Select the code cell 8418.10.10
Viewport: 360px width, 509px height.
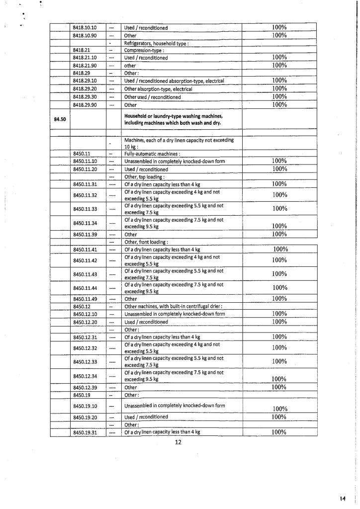pos(85,27)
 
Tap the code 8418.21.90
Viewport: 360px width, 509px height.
pos(85,65)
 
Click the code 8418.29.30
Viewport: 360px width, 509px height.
pos(85,97)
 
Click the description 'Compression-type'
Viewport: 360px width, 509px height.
pos(144,50)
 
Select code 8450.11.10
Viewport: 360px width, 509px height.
pos(85,161)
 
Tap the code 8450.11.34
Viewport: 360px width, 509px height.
pos(85,223)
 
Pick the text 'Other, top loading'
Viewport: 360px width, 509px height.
pos(144,176)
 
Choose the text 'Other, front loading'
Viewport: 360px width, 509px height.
pos(146,242)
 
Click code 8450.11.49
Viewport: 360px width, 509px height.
pos(85,299)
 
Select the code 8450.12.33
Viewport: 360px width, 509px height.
pos(85,361)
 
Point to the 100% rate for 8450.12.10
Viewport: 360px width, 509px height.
pos(280,314)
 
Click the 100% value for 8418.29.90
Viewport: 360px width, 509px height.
pos(280,104)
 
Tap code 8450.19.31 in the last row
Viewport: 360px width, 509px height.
pos(85,432)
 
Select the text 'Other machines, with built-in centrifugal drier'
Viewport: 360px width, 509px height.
pos(173,307)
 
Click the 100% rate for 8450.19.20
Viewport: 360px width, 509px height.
pos(280,417)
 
